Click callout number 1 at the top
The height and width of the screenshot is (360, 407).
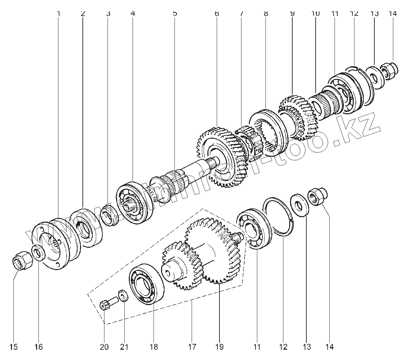pyautogui.click(x=58, y=14)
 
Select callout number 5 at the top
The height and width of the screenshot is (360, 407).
pyautogui.click(x=175, y=14)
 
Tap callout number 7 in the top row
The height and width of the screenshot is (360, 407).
pyautogui.click(x=241, y=14)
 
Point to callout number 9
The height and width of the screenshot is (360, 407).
pyautogui.click(x=292, y=14)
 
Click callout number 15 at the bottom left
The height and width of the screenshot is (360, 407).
pyautogui.click(x=13, y=347)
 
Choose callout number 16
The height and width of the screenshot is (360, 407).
pyautogui.click(x=38, y=347)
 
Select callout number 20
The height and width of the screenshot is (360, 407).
pyautogui.click(x=104, y=347)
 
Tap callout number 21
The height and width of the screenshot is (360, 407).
pyautogui.click(x=124, y=347)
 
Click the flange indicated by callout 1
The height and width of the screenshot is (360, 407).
pyautogui.click(x=57, y=244)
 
